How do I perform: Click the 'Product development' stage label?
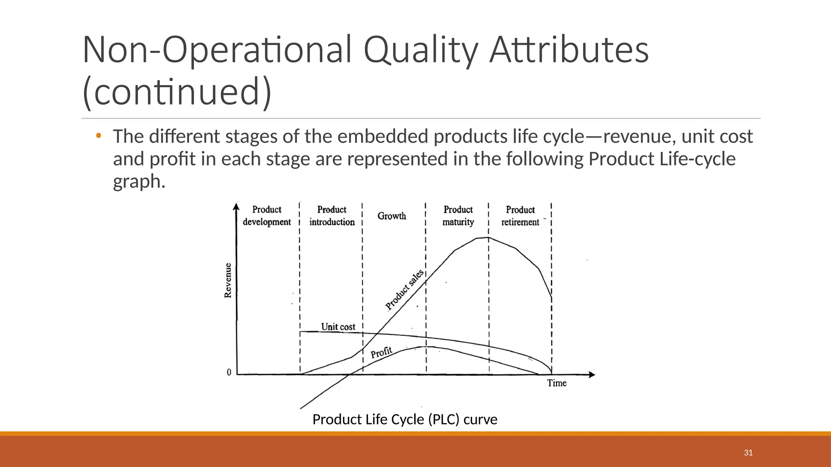point(267,216)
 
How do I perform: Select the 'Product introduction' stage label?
point(332,216)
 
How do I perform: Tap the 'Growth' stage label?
point(392,216)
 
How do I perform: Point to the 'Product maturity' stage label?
point(458,216)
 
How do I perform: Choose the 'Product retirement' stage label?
point(520,216)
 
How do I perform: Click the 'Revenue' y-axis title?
point(228,281)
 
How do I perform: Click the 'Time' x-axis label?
point(556,383)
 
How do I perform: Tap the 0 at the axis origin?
point(229,372)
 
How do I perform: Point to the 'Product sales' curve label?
point(405,289)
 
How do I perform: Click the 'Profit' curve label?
point(381,352)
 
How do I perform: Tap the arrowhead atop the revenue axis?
point(237,207)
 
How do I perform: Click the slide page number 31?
point(748,453)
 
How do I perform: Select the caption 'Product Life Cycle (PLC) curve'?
point(405,419)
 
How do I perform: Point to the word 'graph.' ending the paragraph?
point(139,181)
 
